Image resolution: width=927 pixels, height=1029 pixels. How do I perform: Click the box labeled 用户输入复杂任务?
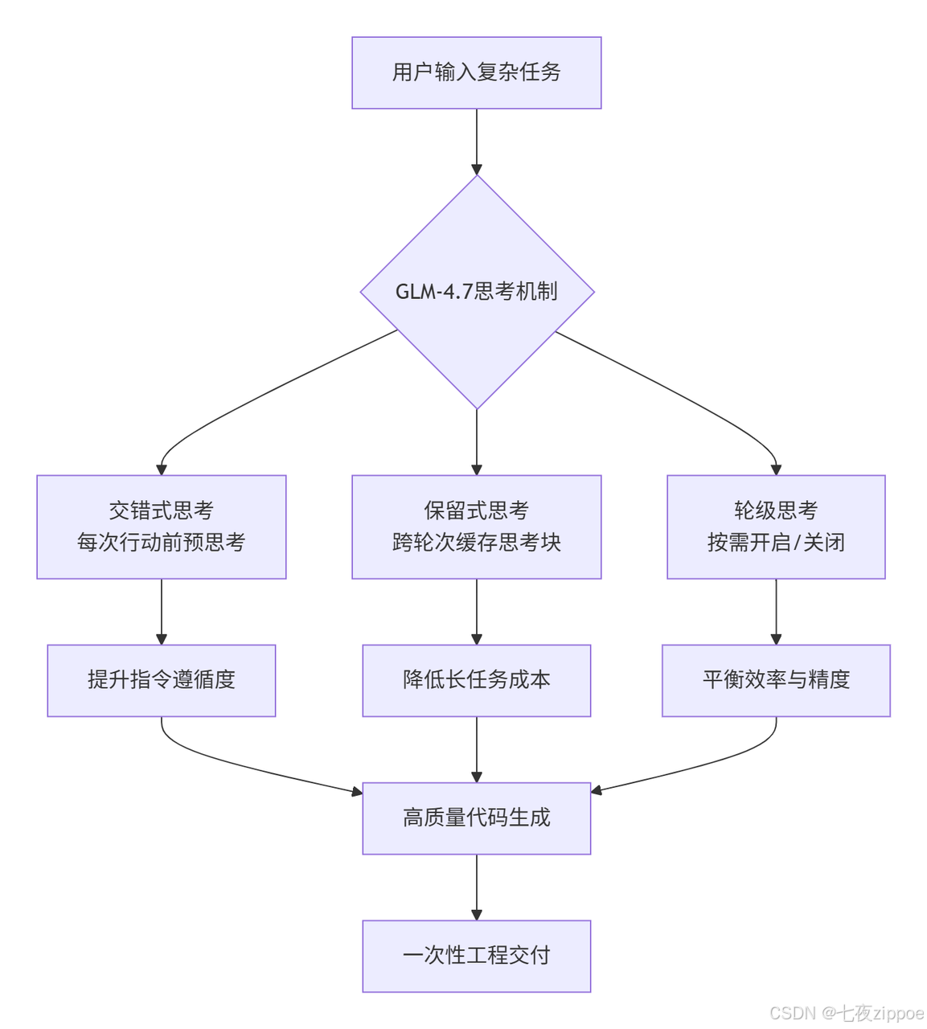click(476, 72)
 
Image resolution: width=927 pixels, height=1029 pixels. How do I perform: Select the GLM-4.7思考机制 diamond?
click(477, 292)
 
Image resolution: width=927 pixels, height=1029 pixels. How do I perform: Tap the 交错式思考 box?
click(161, 527)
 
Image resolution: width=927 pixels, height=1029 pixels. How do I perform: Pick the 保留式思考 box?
click(476, 527)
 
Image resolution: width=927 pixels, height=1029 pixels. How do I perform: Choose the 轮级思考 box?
click(776, 527)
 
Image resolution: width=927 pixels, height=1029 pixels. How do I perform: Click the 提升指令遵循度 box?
click(161, 680)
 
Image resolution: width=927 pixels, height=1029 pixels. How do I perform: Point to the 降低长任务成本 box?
click(476, 680)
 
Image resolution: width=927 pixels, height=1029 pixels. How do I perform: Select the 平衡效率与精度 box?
click(776, 680)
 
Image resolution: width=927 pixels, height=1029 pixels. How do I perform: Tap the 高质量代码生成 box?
click(476, 818)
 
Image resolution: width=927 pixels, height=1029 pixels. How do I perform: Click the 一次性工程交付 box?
click(476, 956)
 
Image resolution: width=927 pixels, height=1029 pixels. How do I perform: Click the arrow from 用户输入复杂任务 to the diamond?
click(477, 142)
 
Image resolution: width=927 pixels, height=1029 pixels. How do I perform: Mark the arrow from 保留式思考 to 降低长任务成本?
click(477, 612)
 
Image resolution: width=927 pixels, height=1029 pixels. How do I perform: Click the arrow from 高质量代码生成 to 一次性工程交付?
click(477, 888)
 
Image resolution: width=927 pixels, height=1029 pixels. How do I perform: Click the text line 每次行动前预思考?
click(161, 542)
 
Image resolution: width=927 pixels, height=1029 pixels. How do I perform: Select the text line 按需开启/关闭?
click(776, 542)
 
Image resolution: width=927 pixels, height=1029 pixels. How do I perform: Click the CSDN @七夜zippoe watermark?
click(847, 1013)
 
